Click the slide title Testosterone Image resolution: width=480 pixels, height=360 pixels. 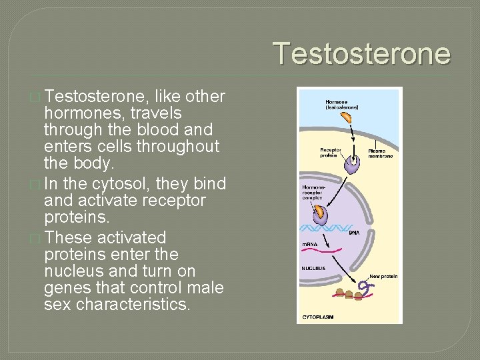click(361, 53)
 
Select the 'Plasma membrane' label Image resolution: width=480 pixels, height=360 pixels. click(381, 153)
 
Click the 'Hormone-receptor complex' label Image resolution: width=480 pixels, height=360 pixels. click(314, 193)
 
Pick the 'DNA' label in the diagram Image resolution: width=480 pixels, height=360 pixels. click(354, 233)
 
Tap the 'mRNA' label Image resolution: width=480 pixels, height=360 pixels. click(311, 245)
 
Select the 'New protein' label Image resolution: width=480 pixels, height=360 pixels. click(383, 275)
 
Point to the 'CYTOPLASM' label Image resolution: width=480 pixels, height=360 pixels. click(319, 317)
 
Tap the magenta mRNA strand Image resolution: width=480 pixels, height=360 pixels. click(327, 252)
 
